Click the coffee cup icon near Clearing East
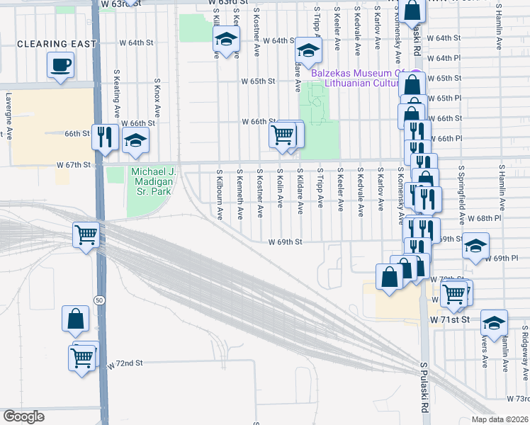pos(60,66)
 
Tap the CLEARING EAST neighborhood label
pos(57,44)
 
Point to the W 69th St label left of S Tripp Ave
pos(285,242)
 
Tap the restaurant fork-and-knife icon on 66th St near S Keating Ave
pos(105,136)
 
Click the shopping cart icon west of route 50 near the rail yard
pos(86,234)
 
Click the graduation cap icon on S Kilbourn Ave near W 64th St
pos(226,42)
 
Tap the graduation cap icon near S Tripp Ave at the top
pos(308,50)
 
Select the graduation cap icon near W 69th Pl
pos(475,246)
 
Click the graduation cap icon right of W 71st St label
pos(493,322)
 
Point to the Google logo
pos(23,416)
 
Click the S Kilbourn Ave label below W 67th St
pos(220,193)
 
